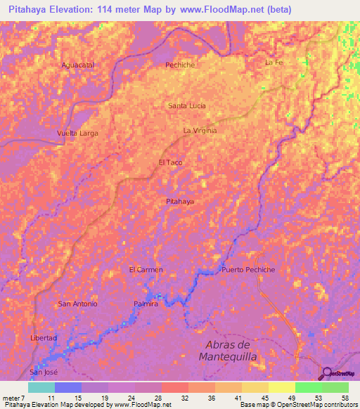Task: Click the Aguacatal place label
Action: point(78,65)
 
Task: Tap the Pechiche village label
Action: point(179,65)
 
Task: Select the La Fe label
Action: point(274,63)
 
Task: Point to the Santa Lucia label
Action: point(187,105)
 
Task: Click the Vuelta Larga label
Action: point(78,133)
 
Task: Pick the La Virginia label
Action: point(200,131)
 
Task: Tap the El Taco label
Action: point(171,162)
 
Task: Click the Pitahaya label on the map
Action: point(179,202)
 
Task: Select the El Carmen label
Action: point(146,270)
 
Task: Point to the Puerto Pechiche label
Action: point(247,270)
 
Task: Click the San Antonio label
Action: point(77,304)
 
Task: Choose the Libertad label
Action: point(43,338)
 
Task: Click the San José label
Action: point(41,371)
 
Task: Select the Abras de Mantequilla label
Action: point(231,351)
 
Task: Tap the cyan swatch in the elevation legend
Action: point(41,387)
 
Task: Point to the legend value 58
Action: point(345,398)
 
